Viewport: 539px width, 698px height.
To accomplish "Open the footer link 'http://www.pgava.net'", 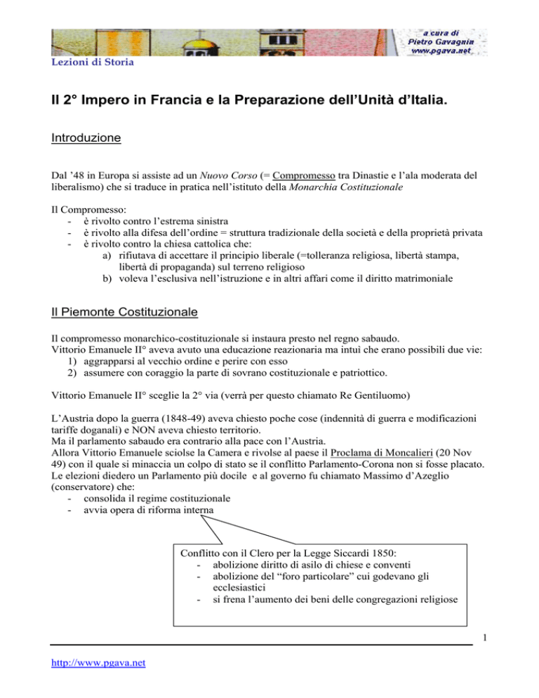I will pyautogui.click(x=97, y=673).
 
